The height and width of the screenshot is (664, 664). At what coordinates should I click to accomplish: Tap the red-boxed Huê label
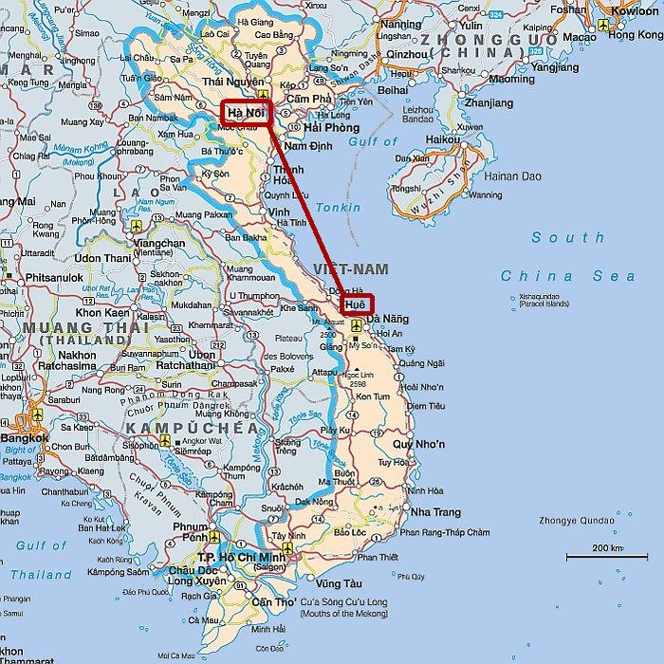point(357,304)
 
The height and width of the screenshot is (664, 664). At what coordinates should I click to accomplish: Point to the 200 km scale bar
point(594,555)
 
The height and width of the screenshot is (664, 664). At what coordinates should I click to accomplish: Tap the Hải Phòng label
point(330,127)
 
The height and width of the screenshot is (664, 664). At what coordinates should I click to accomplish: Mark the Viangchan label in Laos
point(159,243)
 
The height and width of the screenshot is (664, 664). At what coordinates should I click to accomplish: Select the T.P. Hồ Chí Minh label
point(241,558)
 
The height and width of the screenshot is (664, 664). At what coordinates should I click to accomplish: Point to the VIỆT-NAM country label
point(343,269)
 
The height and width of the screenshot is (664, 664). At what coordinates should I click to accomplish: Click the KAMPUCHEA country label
point(191,429)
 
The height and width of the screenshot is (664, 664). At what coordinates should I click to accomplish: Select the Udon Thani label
point(102,258)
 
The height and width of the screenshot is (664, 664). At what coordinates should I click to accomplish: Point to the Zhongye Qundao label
point(613,518)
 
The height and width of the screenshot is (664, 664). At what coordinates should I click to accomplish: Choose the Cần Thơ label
point(272,603)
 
